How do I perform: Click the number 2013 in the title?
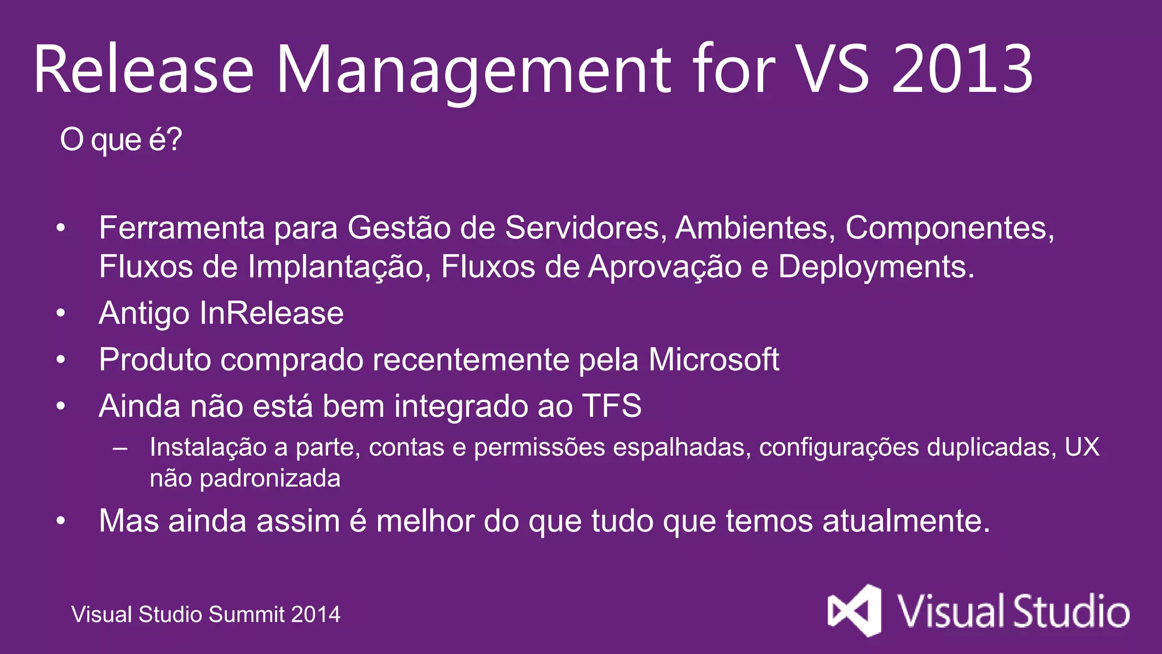click(962, 69)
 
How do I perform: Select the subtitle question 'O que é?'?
click(121, 140)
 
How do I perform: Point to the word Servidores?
click(585, 228)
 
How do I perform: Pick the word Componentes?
click(949, 228)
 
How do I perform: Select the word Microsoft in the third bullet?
click(713, 360)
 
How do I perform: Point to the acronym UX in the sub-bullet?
click(1082, 447)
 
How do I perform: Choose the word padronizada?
click(270, 479)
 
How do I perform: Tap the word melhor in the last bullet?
click(425, 521)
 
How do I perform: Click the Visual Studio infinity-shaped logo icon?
click(854, 611)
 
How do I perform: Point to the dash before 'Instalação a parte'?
click(120, 448)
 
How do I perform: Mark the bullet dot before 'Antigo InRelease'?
click(61, 314)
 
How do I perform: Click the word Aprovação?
click(664, 267)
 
